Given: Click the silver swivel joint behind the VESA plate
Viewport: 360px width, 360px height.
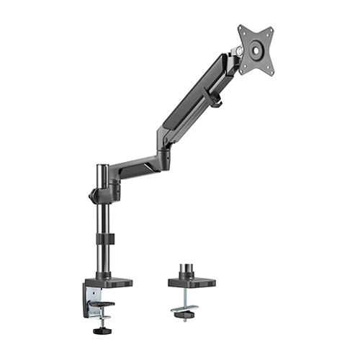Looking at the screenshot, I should pyautogui.click(x=236, y=51).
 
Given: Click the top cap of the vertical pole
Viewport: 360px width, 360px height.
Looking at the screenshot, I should pyautogui.click(x=102, y=167).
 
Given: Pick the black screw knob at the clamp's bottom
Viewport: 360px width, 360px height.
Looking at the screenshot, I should pyautogui.click(x=102, y=331).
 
